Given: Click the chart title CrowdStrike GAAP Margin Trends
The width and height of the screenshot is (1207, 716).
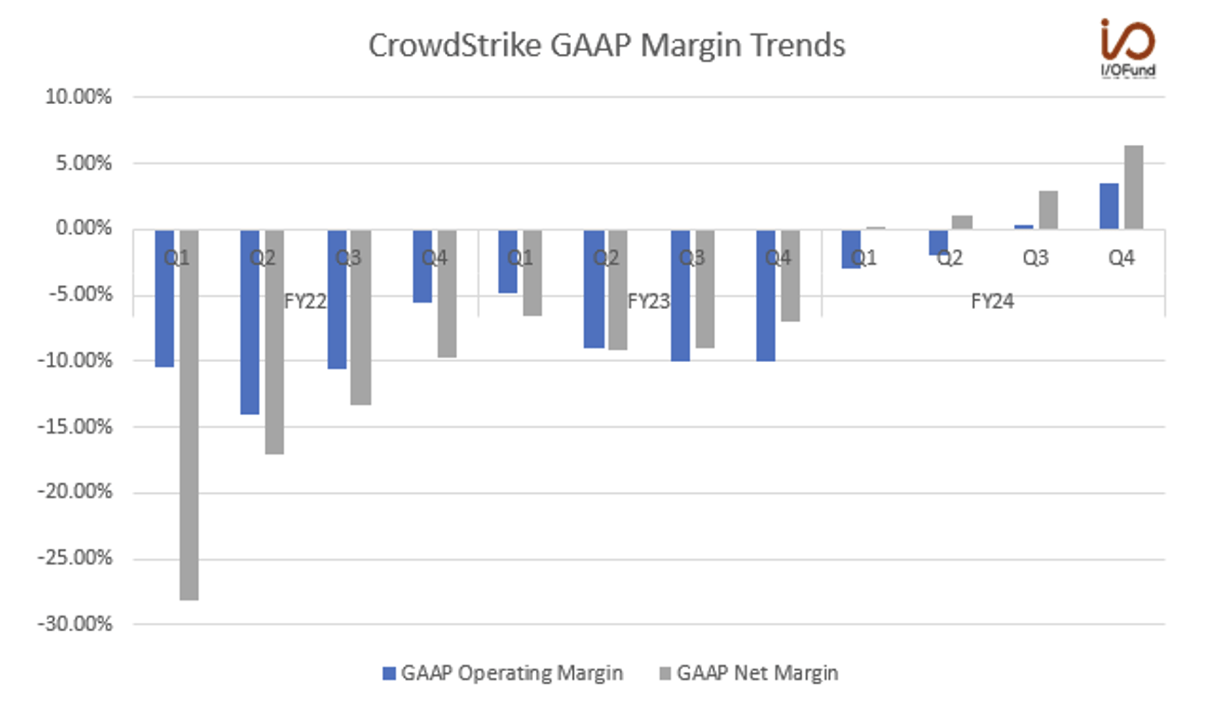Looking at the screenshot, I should point(606,46).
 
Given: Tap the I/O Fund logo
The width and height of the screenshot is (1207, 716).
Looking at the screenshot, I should point(1128,47).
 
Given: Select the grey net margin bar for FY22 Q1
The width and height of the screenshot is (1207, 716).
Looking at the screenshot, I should point(189,414).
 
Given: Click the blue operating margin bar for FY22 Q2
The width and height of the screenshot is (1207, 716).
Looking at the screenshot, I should point(250,321).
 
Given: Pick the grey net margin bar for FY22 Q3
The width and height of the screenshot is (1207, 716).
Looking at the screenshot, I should point(361,317).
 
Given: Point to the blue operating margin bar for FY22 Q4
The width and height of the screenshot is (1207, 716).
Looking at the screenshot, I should point(422,266).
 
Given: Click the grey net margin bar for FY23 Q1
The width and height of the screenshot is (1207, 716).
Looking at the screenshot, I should point(532,273).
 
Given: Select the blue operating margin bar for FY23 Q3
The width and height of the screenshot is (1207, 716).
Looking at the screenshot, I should point(680,295).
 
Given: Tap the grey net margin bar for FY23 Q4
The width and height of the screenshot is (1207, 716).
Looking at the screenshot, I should point(790,276).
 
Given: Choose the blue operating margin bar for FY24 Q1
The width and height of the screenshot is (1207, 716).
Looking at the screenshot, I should point(851,249).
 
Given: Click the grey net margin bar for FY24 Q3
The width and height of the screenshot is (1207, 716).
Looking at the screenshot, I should point(1048,210).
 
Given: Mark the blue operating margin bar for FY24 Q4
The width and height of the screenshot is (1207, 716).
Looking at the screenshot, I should point(1109,206).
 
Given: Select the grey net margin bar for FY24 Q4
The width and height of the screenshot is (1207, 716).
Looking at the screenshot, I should point(1134,187).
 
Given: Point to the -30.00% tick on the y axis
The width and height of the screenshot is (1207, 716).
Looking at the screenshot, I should point(75,624).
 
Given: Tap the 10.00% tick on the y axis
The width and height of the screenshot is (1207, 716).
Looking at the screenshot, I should point(78,97).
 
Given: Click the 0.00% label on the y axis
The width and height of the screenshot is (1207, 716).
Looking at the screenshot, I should point(83,228).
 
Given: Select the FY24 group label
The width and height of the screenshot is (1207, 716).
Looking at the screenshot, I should point(992,301).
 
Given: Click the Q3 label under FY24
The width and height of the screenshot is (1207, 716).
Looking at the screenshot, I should point(1035,258).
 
